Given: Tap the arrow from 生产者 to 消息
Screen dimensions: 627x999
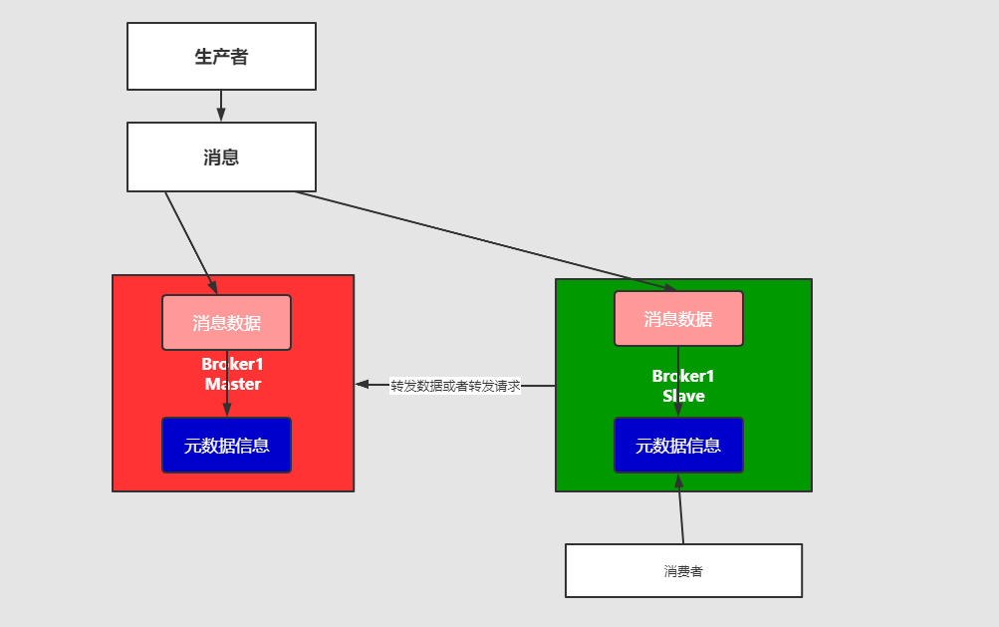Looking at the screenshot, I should (221, 106).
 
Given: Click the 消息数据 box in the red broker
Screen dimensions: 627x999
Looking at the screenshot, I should (226, 322).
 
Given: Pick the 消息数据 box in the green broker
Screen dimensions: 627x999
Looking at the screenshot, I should (678, 318).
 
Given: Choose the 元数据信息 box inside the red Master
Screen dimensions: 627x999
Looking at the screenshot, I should (226, 445).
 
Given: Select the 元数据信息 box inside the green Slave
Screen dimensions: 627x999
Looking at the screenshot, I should (678, 445).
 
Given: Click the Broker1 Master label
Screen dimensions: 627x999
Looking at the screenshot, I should (232, 374).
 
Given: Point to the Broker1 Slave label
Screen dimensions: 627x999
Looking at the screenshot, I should (683, 386).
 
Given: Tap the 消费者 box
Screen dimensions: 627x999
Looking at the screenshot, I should (683, 571).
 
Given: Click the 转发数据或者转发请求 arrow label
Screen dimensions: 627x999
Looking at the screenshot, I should (455, 386).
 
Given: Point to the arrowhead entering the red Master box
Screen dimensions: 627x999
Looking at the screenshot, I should (363, 384).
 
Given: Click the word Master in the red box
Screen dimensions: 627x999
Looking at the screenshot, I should (232, 384).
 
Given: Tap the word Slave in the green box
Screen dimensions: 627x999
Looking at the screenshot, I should (683, 396).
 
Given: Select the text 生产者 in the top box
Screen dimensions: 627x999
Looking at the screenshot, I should (221, 57).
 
